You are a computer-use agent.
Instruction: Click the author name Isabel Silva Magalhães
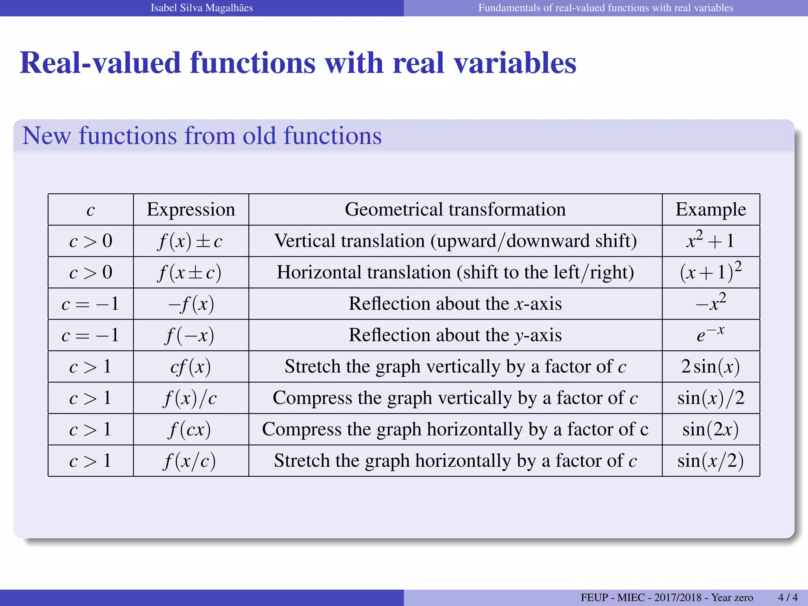point(202,8)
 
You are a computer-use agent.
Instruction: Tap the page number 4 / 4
point(787,597)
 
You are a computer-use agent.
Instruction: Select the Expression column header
point(191,209)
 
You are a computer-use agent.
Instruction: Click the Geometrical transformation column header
point(455,209)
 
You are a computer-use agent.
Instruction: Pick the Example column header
point(711,209)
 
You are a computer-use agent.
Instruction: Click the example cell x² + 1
point(711,240)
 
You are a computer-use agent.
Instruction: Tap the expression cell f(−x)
point(190,335)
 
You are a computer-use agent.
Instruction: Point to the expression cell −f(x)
point(191,304)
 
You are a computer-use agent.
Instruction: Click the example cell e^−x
point(711,335)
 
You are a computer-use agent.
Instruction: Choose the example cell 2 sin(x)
point(711,367)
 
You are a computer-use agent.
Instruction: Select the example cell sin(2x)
point(711,429)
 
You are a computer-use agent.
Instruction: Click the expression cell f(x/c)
point(190,461)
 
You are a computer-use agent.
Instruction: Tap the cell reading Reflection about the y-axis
point(455,335)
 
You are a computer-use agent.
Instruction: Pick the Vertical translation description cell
point(455,241)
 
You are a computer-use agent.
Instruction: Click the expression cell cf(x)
point(191,367)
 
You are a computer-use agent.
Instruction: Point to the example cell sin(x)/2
point(711,398)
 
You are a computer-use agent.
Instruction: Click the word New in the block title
point(46,136)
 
